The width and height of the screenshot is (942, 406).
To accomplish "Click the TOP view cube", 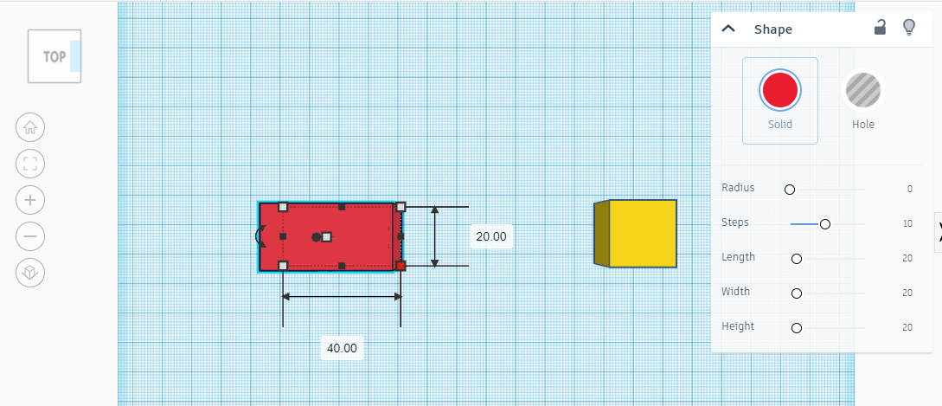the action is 54,56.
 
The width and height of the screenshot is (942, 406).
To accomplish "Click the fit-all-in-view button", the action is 30,164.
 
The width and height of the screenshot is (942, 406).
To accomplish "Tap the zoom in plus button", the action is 30,200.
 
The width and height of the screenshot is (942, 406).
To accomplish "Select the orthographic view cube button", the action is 30,274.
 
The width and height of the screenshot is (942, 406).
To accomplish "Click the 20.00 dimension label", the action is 491,237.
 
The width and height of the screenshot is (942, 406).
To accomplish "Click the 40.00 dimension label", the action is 342,348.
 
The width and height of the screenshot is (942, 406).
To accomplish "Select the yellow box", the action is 636,234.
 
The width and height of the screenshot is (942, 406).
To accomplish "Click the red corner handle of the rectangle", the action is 401,266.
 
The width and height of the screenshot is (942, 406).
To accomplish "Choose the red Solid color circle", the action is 779,90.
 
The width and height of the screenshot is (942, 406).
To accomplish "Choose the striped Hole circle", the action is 863,90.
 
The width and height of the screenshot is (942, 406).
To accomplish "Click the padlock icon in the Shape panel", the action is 880,28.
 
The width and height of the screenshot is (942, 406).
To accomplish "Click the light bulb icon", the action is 909,28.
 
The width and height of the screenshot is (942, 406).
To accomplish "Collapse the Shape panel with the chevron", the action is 728,29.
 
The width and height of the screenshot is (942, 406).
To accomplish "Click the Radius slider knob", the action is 790,190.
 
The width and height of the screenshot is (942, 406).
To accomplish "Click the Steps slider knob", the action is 825,224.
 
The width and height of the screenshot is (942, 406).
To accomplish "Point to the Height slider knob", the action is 797,328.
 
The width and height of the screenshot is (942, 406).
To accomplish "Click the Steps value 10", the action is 907,223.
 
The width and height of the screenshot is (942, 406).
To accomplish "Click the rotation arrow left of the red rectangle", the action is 260,235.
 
